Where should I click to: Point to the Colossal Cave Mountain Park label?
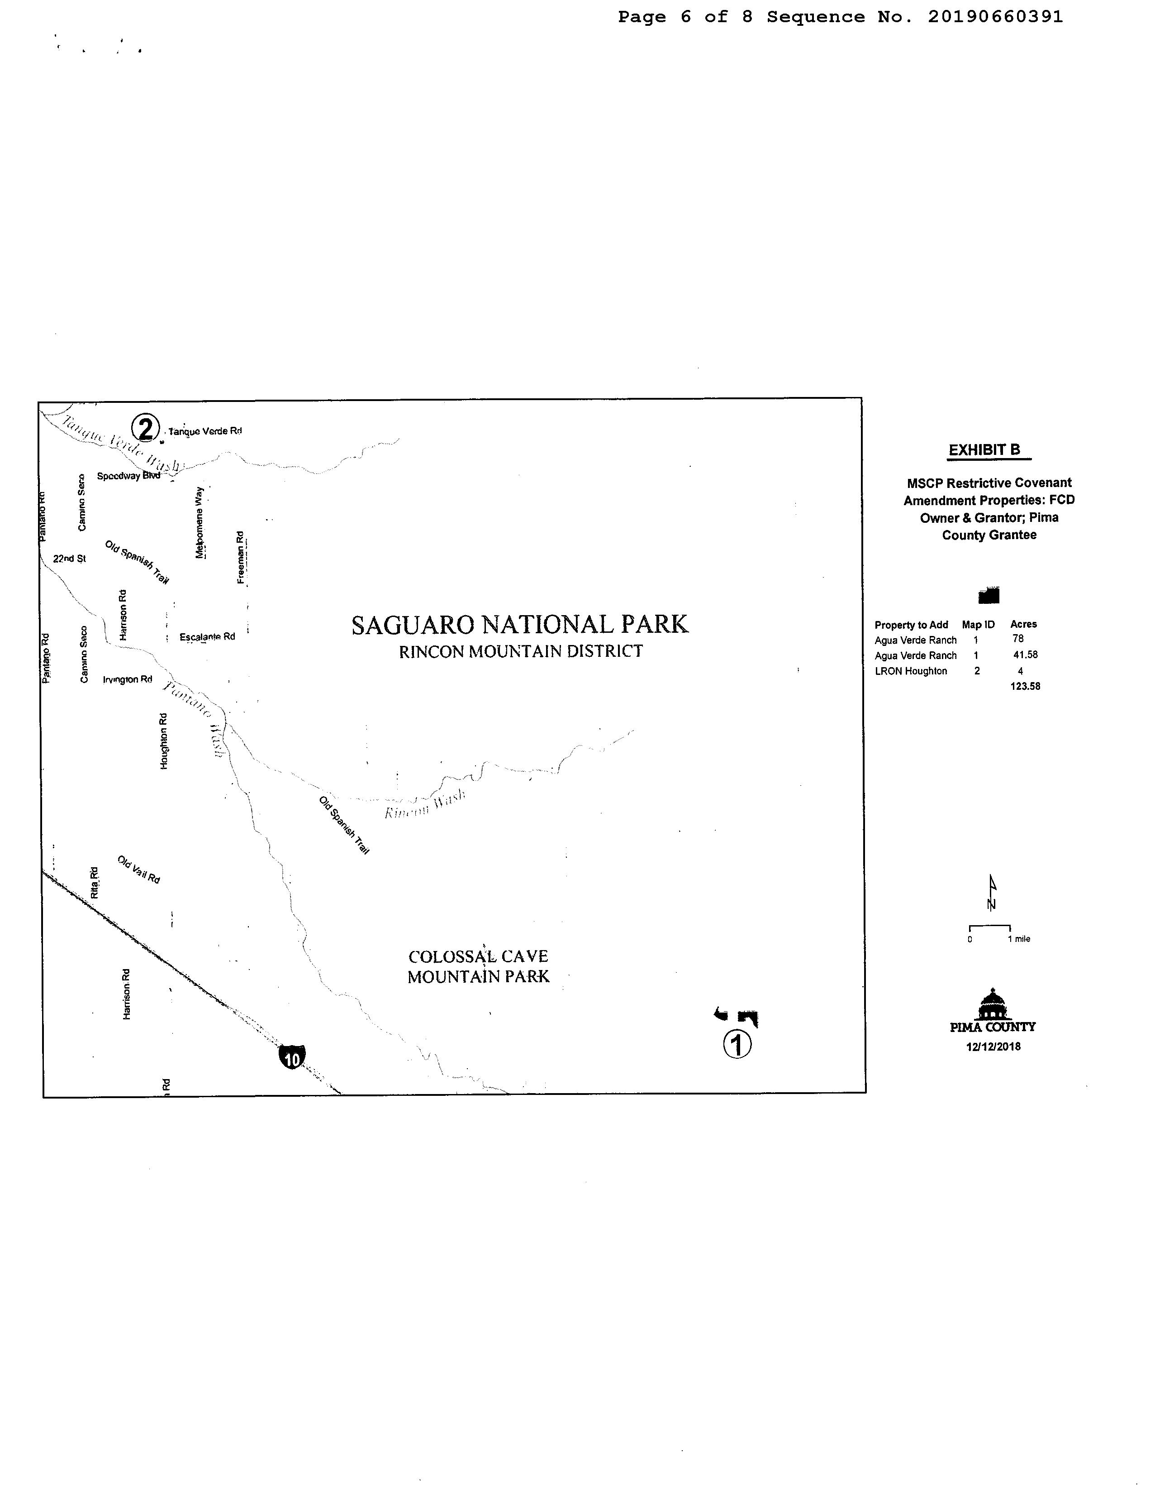point(479,966)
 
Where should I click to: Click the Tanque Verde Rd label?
point(205,431)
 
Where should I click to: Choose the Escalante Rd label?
point(207,637)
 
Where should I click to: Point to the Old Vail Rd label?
point(139,870)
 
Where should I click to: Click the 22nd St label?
point(69,559)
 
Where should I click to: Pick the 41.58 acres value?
point(1025,655)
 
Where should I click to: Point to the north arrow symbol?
point(991,893)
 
